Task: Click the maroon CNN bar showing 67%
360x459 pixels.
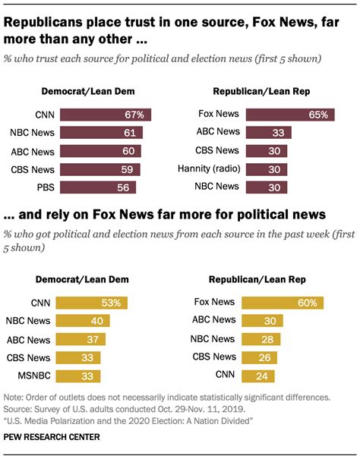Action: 106,115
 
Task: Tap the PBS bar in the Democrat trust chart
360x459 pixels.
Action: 98,187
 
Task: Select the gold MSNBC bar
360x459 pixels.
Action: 80,376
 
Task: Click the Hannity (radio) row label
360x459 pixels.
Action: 208,168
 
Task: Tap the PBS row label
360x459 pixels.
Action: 43,187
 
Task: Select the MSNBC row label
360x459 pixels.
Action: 36,376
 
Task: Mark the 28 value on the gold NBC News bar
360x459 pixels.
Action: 267,339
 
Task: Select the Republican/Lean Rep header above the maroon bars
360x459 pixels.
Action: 261,93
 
